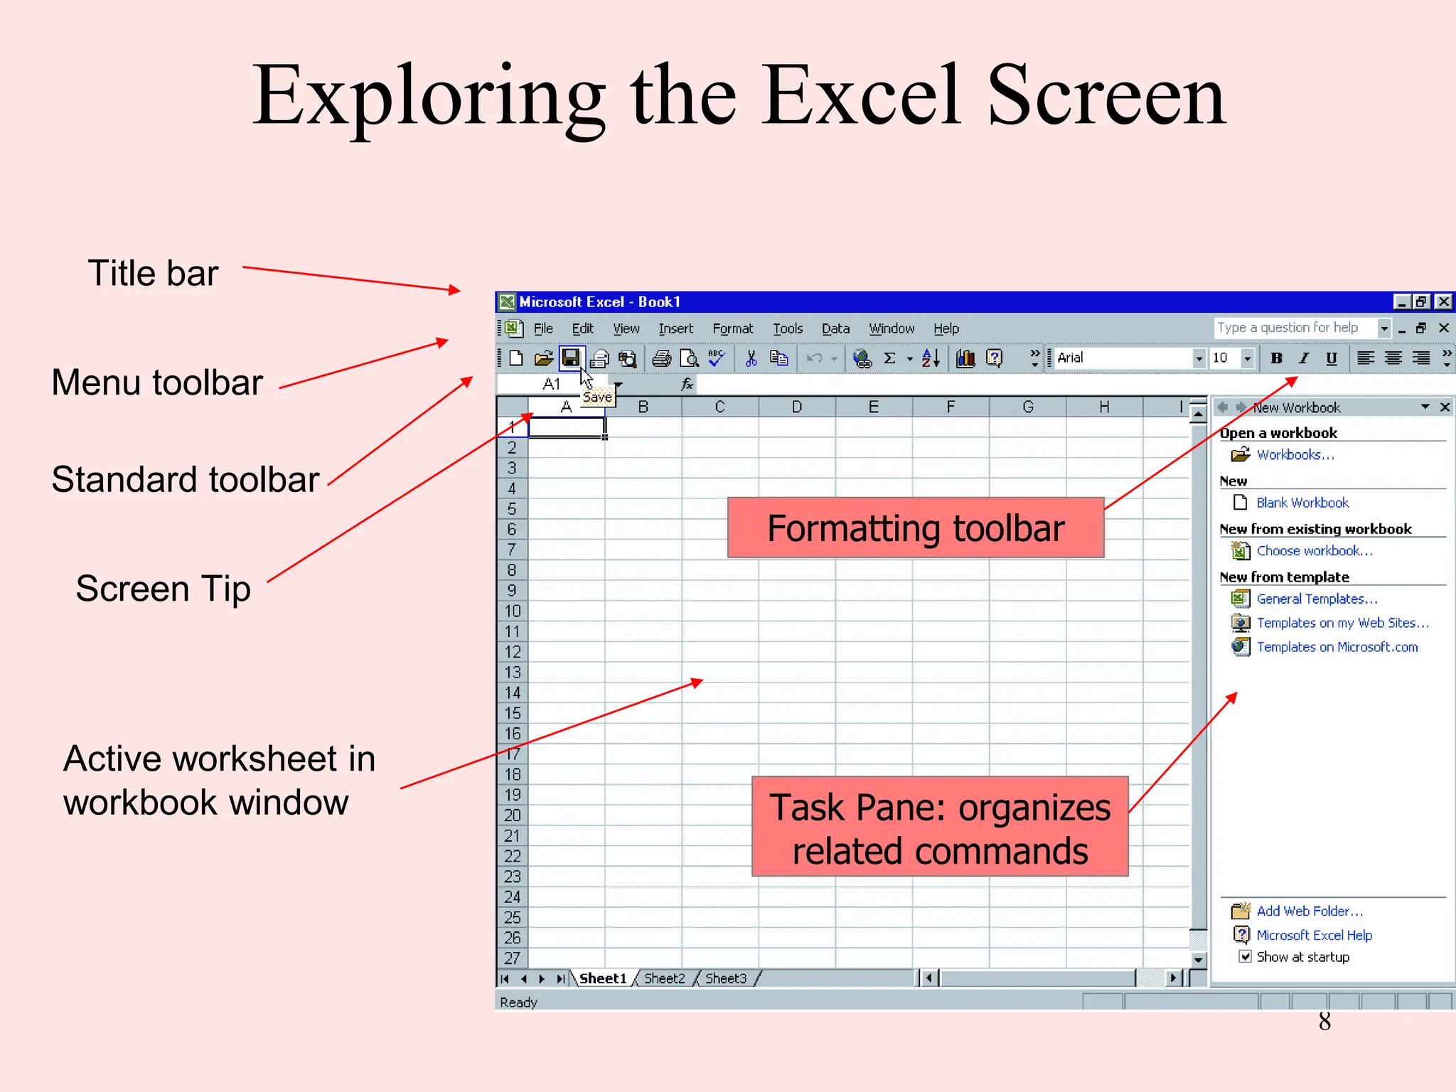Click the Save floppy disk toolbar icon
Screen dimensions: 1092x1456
[571, 358]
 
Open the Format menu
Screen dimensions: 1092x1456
[732, 328]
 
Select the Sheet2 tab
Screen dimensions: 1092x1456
[664, 978]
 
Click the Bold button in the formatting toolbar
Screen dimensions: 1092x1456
[1276, 358]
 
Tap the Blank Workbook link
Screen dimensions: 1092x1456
[1302, 503]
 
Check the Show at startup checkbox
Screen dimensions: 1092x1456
[1245, 956]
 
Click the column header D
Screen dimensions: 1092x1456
[796, 407]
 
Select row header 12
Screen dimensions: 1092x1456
[512, 652]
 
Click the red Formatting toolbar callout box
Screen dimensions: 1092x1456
[915, 528]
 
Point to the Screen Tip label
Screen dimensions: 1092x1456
[163, 589]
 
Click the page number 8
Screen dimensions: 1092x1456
[1324, 1022]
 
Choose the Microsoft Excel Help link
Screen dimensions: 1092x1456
[1314, 935]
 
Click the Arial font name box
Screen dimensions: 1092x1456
[1123, 358]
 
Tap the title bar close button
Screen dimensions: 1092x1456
[1444, 301]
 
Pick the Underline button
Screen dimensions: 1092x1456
[1331, 358]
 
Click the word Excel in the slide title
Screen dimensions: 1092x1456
[861, 95]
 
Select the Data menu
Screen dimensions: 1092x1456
[835, 328]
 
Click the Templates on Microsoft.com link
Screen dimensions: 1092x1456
[1337, 647]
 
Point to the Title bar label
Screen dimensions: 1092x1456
[153, 273]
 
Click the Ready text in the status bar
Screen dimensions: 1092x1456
[518, 1002]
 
